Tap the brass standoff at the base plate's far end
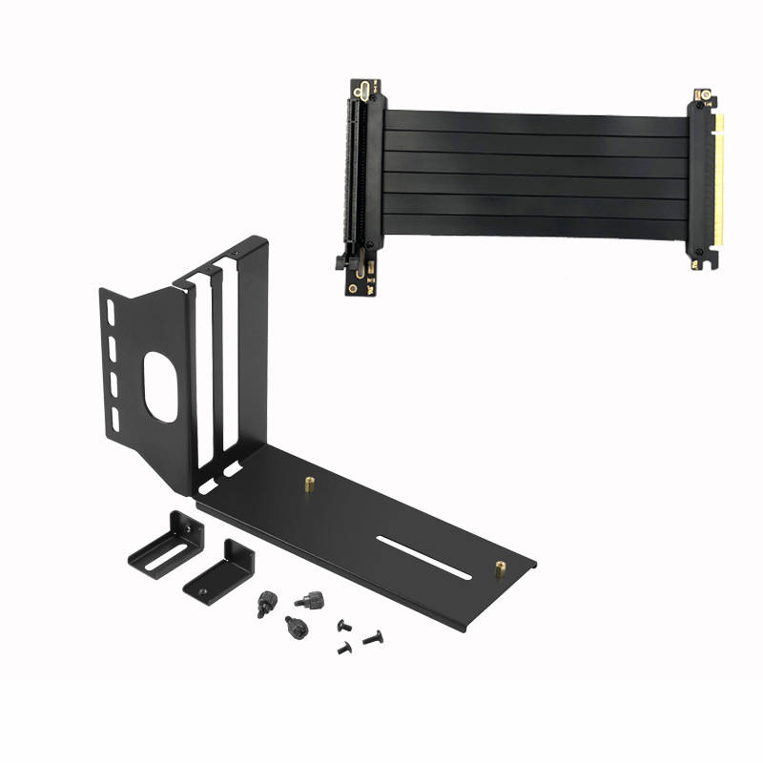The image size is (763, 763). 500,568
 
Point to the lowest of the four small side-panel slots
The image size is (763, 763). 114,420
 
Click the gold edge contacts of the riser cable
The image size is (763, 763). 717,181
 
